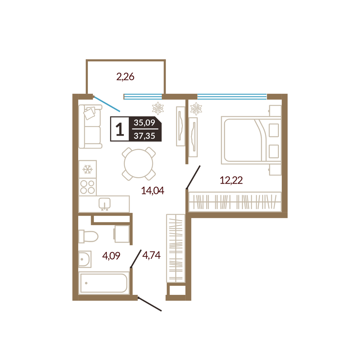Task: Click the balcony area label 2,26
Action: (x=125, y=77)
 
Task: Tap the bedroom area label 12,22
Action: (x=231, y=180)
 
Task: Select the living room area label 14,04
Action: (x=152, y=190)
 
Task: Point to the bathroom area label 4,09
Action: (x=111, y=256)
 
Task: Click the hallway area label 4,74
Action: (x=151, y=255)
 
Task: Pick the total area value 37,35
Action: (x=144, y=136)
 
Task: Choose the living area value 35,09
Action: (x=144, y=123)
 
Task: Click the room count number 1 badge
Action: (x=120, y=129)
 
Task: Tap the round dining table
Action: (x=139, y=164)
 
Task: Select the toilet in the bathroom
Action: (x=89, y=236)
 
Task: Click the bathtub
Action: (x=104, y=283)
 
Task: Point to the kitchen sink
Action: (x=104, y=203)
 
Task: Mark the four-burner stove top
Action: (x=87, y=187)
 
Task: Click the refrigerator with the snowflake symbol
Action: (x=87, y=170)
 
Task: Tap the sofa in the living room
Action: (x=90, y=126)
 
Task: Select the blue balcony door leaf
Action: (x=107, y=104)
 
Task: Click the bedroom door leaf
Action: (x=193, y=177)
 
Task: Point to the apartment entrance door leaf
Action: (x=150, y=304)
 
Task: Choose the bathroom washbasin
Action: (x=85, y=259)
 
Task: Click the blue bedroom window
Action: (x=232, y=96)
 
